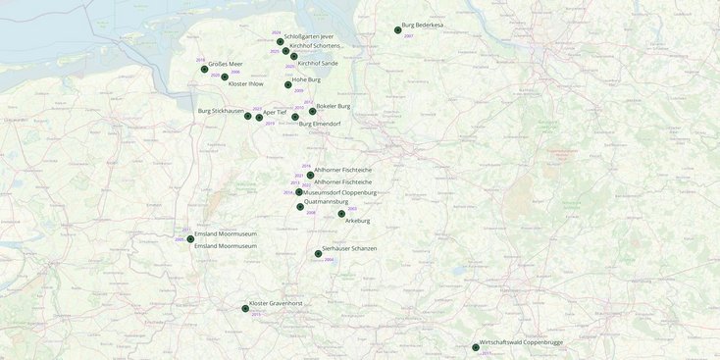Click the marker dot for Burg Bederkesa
pos(397,30)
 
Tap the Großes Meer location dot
pos(204,70)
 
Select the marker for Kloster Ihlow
pos(225,77)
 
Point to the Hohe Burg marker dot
pos(288,85)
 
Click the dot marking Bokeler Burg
pos(312,112)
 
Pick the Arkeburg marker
pos(341,214)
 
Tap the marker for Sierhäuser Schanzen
pos(318,254)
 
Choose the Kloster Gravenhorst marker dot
pos(245,309)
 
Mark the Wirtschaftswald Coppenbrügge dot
pos(476,348)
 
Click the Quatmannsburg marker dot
pos(300,207)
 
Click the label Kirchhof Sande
pos(318,63)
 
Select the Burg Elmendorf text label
pos(320,124)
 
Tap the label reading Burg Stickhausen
pos(221,111)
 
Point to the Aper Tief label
pos(275,112)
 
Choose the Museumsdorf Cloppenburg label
pos(339,192)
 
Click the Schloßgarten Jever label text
pos(309,36)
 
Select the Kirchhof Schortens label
pos(315,45)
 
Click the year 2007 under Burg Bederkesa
pos(408,35)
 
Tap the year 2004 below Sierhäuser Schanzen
pos(329,260)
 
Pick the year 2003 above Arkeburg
pos(352,209)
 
